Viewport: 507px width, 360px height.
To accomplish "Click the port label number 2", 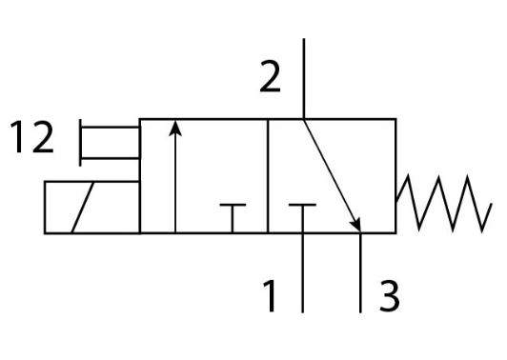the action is coord(270,76).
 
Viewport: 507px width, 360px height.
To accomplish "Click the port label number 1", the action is coord(270,296).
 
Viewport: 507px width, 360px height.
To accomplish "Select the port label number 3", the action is coord(389,296).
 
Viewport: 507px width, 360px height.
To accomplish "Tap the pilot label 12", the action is coord(31,137).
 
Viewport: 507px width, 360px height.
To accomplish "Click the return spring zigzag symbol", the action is coord(444,203).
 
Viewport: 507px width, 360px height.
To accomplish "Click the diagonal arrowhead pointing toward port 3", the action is coord(355,223).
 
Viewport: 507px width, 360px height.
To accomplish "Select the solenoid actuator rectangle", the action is coord(92,208).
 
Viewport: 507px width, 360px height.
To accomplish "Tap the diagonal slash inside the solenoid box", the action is coord(83,208).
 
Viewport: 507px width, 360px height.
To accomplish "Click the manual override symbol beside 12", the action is coord(110,143).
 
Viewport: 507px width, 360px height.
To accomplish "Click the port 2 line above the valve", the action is coord(304,78).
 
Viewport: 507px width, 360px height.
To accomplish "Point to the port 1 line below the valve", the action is coord(303,272).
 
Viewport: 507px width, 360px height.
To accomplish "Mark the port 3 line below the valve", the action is coord(360,272).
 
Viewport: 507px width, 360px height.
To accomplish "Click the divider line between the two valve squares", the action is coord(268,176).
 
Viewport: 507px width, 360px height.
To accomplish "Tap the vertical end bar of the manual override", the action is coord(80,143).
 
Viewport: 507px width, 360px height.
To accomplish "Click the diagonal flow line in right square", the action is coord(332,176).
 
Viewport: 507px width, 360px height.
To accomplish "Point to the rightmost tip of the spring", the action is coord(492,204).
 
